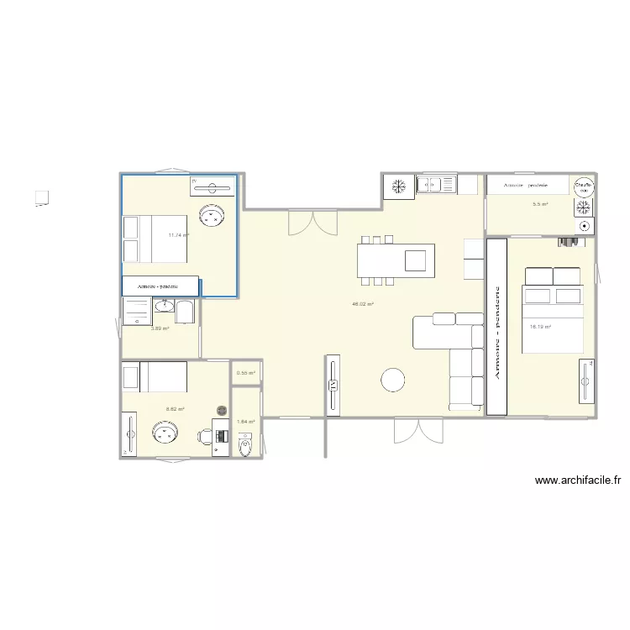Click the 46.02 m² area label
tap(363, 305)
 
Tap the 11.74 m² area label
tap(178, 235)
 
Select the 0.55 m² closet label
tap(245, 373)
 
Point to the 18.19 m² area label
tap(540, 326)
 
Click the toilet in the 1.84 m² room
tap(245, 444)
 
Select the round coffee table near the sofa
tap(393, 381)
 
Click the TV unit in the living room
tap(332, 386)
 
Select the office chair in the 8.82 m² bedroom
tap(204, 436)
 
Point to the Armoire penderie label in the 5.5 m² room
tap(526, 185)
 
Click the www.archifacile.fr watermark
tap(578, 481)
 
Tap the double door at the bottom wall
tap(417, 430)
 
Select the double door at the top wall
tap(312, 223)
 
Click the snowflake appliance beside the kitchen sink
tap(400, 185)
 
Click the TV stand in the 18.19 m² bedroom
tap(586, 382)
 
